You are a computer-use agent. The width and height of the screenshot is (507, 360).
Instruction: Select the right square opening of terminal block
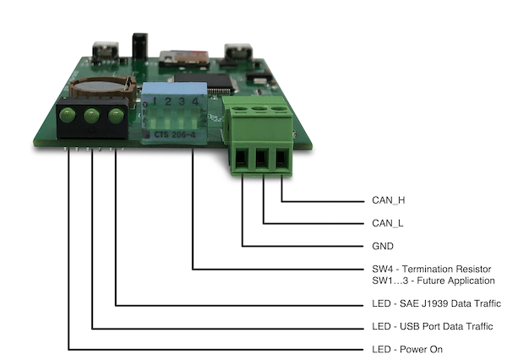click(281, 155)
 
